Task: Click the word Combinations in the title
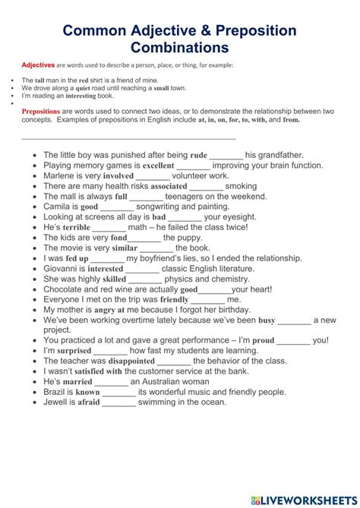coord(180,47)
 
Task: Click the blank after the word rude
coord(226,155)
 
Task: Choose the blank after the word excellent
coord(193,165)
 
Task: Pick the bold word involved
coord(118,175)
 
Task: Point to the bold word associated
coord(169,186)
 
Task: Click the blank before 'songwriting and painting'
coord(117,207)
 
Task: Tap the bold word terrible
coord(77,227)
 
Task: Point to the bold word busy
coord(267,320)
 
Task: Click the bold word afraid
coord(87,402)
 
